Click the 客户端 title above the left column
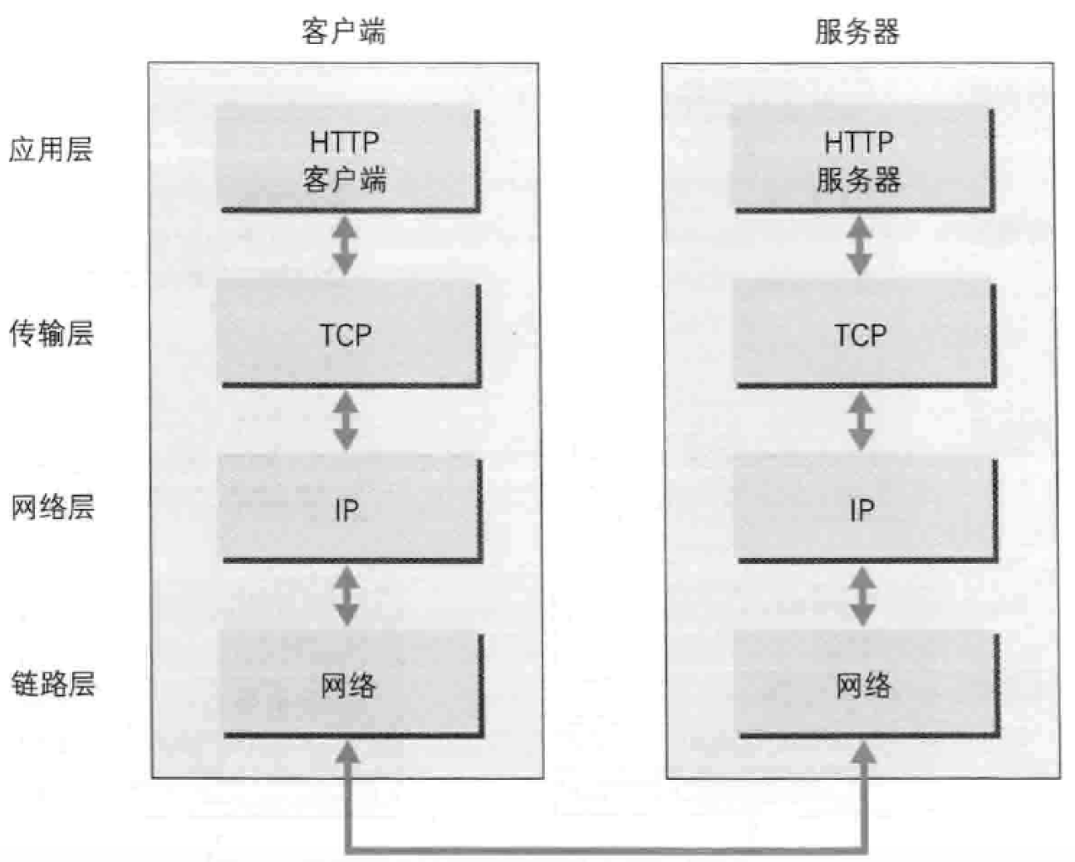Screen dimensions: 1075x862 click(343, 32)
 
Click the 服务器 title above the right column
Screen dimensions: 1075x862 click(857, 32)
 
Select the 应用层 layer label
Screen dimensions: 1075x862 click(51, 149)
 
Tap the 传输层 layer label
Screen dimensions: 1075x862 click(51, 333)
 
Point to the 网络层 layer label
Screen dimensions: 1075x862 click(52, 507)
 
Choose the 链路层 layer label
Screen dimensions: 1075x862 click(52, 683)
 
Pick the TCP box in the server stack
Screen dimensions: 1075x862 click(862, 334)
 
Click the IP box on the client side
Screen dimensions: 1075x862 click(349, 509)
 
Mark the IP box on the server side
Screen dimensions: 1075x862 click(864, 509)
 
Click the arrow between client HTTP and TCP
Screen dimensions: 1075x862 click(345, 246)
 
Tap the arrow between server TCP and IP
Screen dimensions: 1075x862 click(861, 421)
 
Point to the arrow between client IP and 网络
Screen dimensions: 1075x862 click(346, 596)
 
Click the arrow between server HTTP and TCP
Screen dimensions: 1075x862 click(859, 246)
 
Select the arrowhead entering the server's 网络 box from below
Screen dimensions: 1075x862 click(864, 754)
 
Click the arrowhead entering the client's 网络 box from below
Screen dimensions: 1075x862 click(347, 754)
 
